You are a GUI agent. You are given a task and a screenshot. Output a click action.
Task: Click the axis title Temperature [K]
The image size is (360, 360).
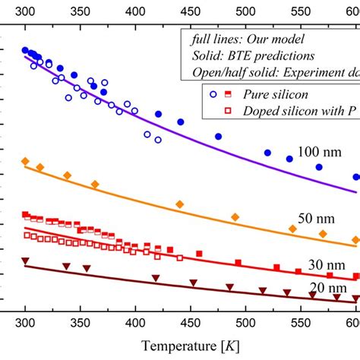pos(180,346)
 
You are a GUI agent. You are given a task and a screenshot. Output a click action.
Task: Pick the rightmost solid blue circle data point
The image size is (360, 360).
pos(356,177)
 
